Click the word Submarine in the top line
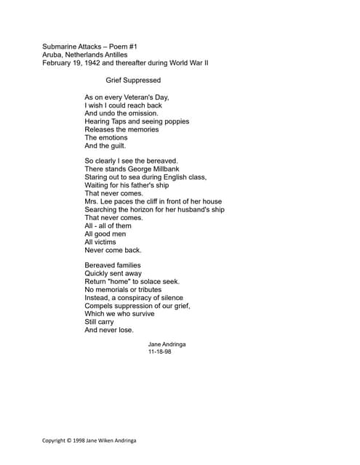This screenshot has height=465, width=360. [60, 46]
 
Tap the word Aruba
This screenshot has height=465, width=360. [53, 54]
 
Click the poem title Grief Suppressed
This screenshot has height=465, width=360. [133, 80]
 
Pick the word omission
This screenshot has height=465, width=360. [142, 113]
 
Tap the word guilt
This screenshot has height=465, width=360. [116, 145]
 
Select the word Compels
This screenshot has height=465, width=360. [99, 306]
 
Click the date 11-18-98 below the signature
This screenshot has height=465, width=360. [159, 352]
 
